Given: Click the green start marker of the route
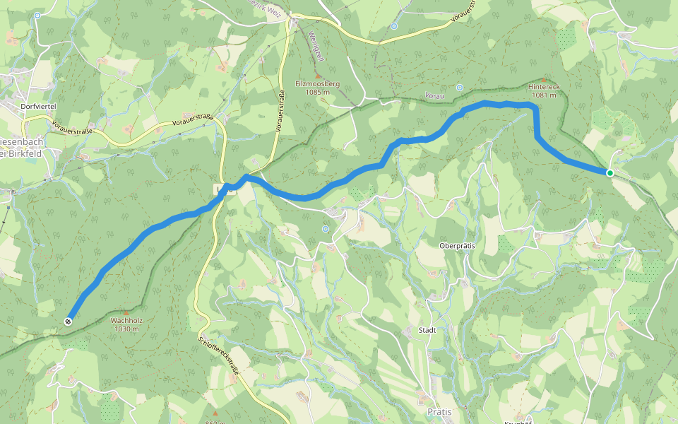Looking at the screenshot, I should pyautogui.click(x=609, y=172).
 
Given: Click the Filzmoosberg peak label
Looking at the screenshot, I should pyautogui.click(x=317, y=83).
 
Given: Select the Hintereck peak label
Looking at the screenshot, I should pyautogui.click(x=542, y=87).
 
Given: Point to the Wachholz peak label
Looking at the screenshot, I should pyautogui.click(x=126, y=320).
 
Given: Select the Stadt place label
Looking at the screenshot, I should pyautogui.click(x=427, y=330).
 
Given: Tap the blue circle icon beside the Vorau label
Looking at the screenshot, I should pyautogui.click(x=459, y=88).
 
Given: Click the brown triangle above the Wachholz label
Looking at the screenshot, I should pyautogui.click(x=126, y=310).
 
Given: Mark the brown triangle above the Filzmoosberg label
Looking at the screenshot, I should pyautogui.click(x=318, y=74).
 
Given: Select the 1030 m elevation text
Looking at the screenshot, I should pyautogui.click(x=126, y=328).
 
